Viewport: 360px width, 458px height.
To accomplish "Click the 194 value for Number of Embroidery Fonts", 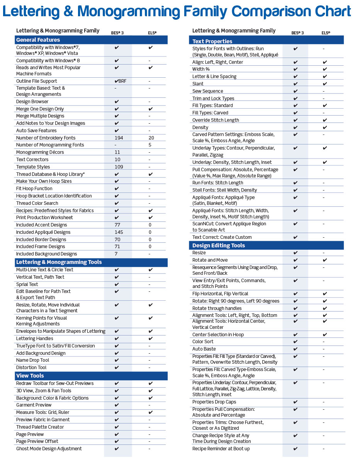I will (x=119, y=138).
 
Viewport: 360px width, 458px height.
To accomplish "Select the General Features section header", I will (x=38, y=40).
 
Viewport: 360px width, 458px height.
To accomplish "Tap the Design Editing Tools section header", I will (x=219, y=245).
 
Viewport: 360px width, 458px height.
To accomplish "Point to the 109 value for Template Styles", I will (x=119, y=167).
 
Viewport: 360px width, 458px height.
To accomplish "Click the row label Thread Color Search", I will (x=37, y=203).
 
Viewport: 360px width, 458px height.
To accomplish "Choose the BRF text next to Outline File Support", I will (x=122, y=81).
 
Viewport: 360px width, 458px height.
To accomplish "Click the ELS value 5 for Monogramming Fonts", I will (x=150, y=145).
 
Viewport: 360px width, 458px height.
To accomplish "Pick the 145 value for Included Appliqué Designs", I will (x=119, y=232).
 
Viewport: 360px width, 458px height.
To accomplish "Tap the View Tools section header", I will (x=30, y=376).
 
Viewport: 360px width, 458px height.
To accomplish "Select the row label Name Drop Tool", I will (x=33, y=360).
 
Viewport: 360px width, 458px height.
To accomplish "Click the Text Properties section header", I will (x=212, y=41).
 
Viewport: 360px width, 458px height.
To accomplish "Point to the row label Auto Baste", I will (x=204, y=349).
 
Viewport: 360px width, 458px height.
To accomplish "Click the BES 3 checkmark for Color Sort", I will (x=295, y=342).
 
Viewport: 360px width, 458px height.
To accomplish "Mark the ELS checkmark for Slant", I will (x=325, y=84).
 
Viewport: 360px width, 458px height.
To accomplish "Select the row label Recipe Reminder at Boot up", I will (x=221, y=449).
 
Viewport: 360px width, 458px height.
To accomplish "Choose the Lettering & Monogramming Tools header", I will (x=59, y=262).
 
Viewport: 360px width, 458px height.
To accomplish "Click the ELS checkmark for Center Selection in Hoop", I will (x=325, y=335).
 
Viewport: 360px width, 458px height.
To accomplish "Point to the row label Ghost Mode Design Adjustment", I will (x=49, y=449).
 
